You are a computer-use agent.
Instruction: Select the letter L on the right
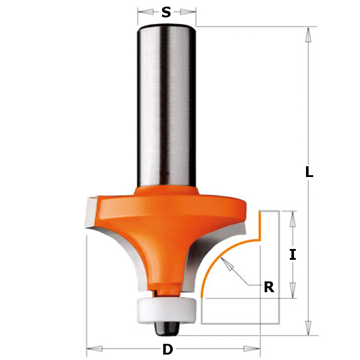coord(309,172)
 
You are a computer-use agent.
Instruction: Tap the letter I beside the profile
coord(292,254)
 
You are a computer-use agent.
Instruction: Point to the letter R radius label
coord(269,287)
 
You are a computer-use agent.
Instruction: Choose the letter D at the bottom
coord(167,349)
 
